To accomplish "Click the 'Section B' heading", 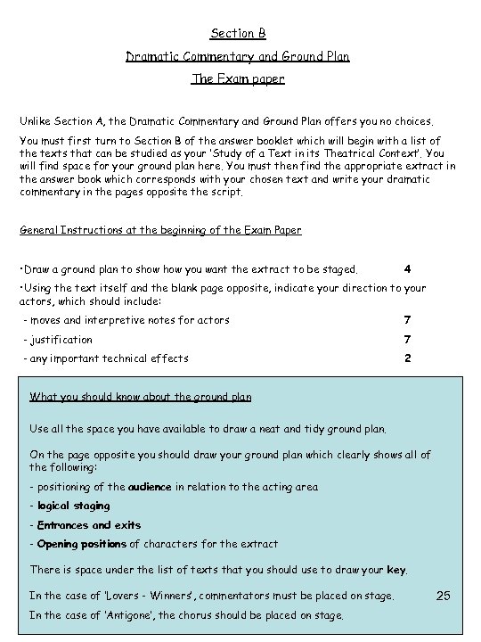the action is click(x=238, y=34).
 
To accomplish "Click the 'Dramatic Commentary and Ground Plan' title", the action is click(x=238, y=56).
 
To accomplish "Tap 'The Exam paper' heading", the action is click(x=238, y=78).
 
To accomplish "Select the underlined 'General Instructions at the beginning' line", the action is click(x=160, y=230).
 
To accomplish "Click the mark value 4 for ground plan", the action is click(x=407, y=268).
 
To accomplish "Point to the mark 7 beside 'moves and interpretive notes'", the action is click(x=407, y=319).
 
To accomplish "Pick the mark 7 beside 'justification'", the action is click(x=407, y=339).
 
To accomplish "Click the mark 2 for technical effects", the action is click(x=407, y=358).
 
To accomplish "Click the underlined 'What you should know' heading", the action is click(x=141, y=397).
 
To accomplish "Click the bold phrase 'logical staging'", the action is click(x=74, y=506).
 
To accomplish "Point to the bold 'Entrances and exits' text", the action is click(x=89, y=525).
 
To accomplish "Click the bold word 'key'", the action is click(x=397, y=569).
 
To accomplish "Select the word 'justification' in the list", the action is click(x=61, y=339).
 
